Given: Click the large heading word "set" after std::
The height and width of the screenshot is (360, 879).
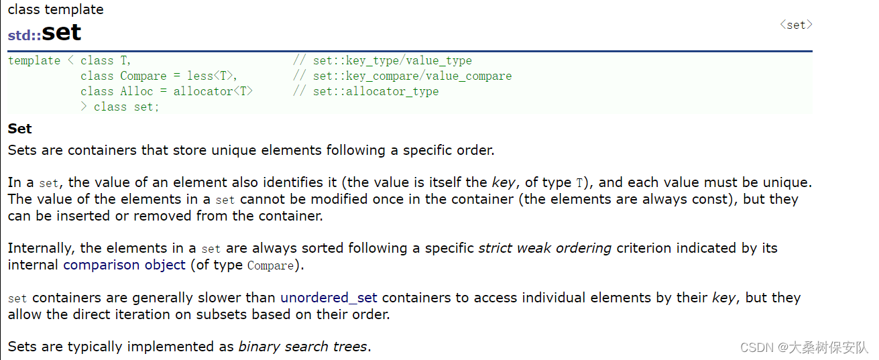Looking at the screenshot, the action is coord(61,33).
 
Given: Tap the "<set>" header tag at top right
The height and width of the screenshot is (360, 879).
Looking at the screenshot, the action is coord(796,25).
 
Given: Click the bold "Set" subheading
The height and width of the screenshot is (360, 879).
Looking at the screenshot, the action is coord(20,129).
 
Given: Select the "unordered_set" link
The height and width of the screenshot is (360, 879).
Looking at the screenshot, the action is coord(329,298).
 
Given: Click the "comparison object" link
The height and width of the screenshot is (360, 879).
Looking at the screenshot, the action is coord(124,265).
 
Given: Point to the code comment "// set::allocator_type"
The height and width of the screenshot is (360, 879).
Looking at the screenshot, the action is coord(365,91).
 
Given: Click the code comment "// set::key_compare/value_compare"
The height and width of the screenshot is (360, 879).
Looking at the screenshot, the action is coord(402,76).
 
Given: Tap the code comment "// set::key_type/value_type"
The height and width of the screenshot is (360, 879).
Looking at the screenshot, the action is coord(382,60).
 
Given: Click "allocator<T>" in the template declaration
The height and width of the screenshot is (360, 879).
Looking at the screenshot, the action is coord(213,91).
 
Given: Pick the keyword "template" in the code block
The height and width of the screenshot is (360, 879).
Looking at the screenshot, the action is coord(34,60).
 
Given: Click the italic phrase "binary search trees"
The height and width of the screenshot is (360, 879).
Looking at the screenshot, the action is coord(302,347).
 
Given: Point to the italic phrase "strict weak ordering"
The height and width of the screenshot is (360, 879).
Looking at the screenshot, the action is coord(544,248).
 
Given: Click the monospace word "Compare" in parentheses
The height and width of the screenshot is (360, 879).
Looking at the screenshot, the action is coord(270,265).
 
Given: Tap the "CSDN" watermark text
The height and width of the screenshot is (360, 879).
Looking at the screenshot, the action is coord(755,347).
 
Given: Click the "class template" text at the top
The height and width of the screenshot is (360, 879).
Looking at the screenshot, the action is coord(56,9).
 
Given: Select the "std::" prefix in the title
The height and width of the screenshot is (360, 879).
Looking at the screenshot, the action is coord(24,36).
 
